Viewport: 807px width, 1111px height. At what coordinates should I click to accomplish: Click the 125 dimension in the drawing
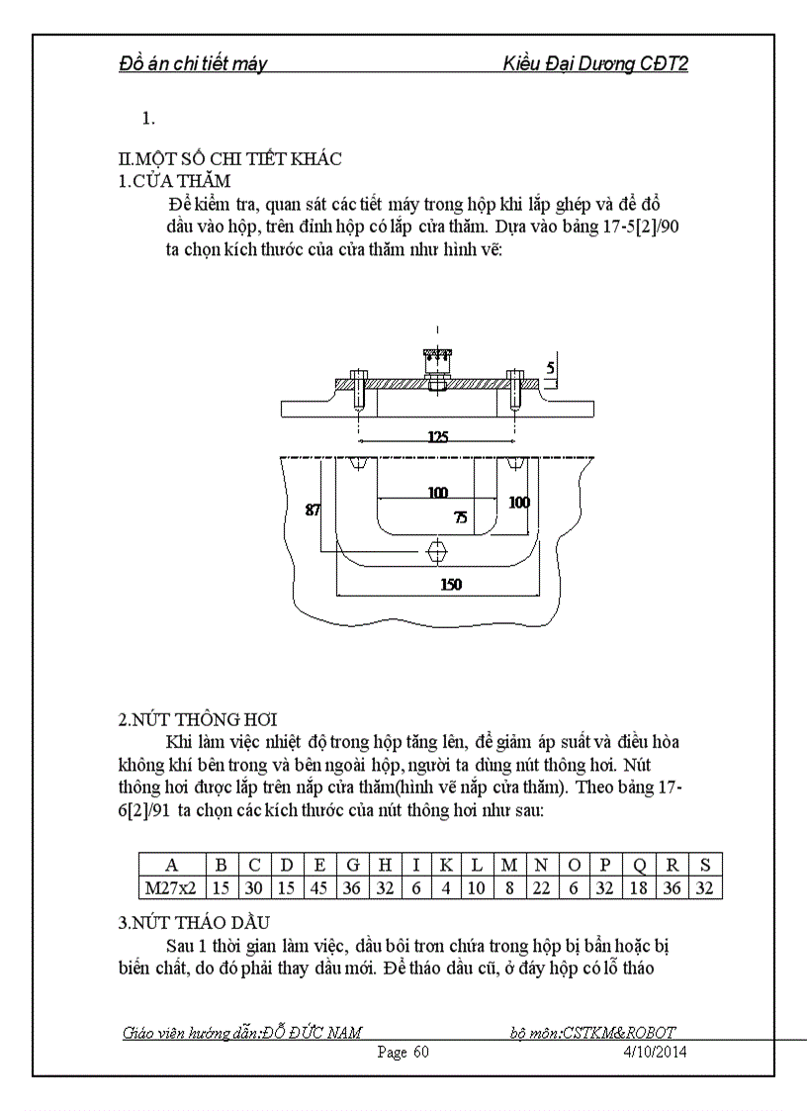pos(437,434)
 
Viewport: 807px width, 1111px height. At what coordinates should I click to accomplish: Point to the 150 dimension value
pos(451,585)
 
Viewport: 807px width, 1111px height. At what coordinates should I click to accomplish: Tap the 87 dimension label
pos(313,510)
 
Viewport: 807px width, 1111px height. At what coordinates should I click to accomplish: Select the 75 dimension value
pos(461,516)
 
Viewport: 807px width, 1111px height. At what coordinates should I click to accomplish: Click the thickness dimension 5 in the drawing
pos(551,370)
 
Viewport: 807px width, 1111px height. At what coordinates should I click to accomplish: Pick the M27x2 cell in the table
pos(172,887)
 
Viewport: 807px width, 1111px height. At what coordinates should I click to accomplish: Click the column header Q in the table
pos(639,864)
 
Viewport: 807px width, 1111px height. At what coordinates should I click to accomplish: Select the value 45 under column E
pos(319,887)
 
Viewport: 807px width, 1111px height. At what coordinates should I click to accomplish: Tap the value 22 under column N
pos(541,887)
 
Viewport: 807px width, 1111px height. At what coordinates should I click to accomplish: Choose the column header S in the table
pos(704,864)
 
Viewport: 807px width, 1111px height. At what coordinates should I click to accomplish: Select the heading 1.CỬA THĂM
pos(174,180)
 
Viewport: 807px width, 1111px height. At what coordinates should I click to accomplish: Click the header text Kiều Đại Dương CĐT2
pos(595,64)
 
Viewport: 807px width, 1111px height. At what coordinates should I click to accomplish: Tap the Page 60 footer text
pos(403,1052)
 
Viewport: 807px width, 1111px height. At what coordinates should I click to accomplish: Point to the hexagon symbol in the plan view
pos(437,549)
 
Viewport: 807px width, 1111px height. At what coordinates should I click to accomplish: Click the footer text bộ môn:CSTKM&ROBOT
pos(593,1033)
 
